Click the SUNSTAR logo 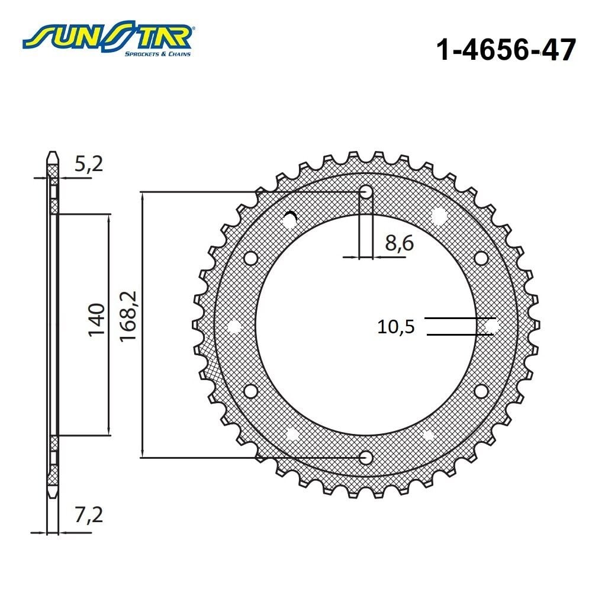point(108,40)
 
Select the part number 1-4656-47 point(506,50)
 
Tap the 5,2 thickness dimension point(88,164)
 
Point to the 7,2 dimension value point(89,514)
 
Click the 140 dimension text point(96,320)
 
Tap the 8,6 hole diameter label point(400,243)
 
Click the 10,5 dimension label point(396,327)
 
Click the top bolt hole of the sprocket point(366,192)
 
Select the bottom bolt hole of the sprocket point(366,458)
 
